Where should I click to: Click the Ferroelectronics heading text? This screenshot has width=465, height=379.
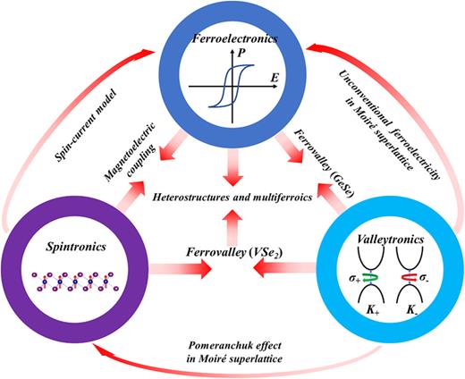[234, 39]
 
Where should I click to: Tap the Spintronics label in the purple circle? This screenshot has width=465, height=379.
[70, 240]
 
